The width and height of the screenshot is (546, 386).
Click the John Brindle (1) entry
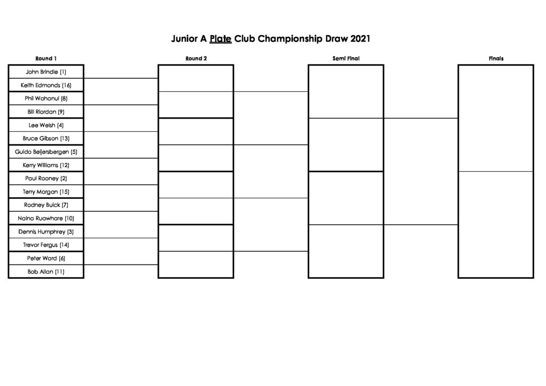point(46,71)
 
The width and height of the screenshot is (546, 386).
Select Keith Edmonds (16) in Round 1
point(46,85)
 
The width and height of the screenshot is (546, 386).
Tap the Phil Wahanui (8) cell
point(46,99)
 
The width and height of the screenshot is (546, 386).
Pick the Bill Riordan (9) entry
point(46,112)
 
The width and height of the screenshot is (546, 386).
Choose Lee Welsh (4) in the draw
point(46,125)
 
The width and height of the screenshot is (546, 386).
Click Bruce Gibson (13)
point(46,138)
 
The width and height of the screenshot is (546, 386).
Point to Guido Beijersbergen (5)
point(46,152)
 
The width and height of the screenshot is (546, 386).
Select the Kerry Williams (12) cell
point(46,165)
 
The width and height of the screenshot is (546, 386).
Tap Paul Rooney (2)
point(46,178)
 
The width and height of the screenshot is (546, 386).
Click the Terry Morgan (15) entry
point(46,192)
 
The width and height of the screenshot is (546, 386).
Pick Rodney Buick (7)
point(46,205)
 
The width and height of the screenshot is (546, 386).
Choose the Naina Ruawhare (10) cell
point(46,218)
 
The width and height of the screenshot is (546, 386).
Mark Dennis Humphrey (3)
point(46,231)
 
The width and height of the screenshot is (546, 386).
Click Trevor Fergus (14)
point(46,245)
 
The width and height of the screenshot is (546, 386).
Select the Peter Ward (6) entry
point(46,258)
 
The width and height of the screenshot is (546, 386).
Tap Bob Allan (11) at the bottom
point(46,271)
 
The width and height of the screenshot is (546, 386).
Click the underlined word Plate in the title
point(220,38)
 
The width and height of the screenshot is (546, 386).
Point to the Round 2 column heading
point(196,59)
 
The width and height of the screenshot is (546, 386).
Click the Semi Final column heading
point(346,59)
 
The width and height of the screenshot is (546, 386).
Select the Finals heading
point(496,59)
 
